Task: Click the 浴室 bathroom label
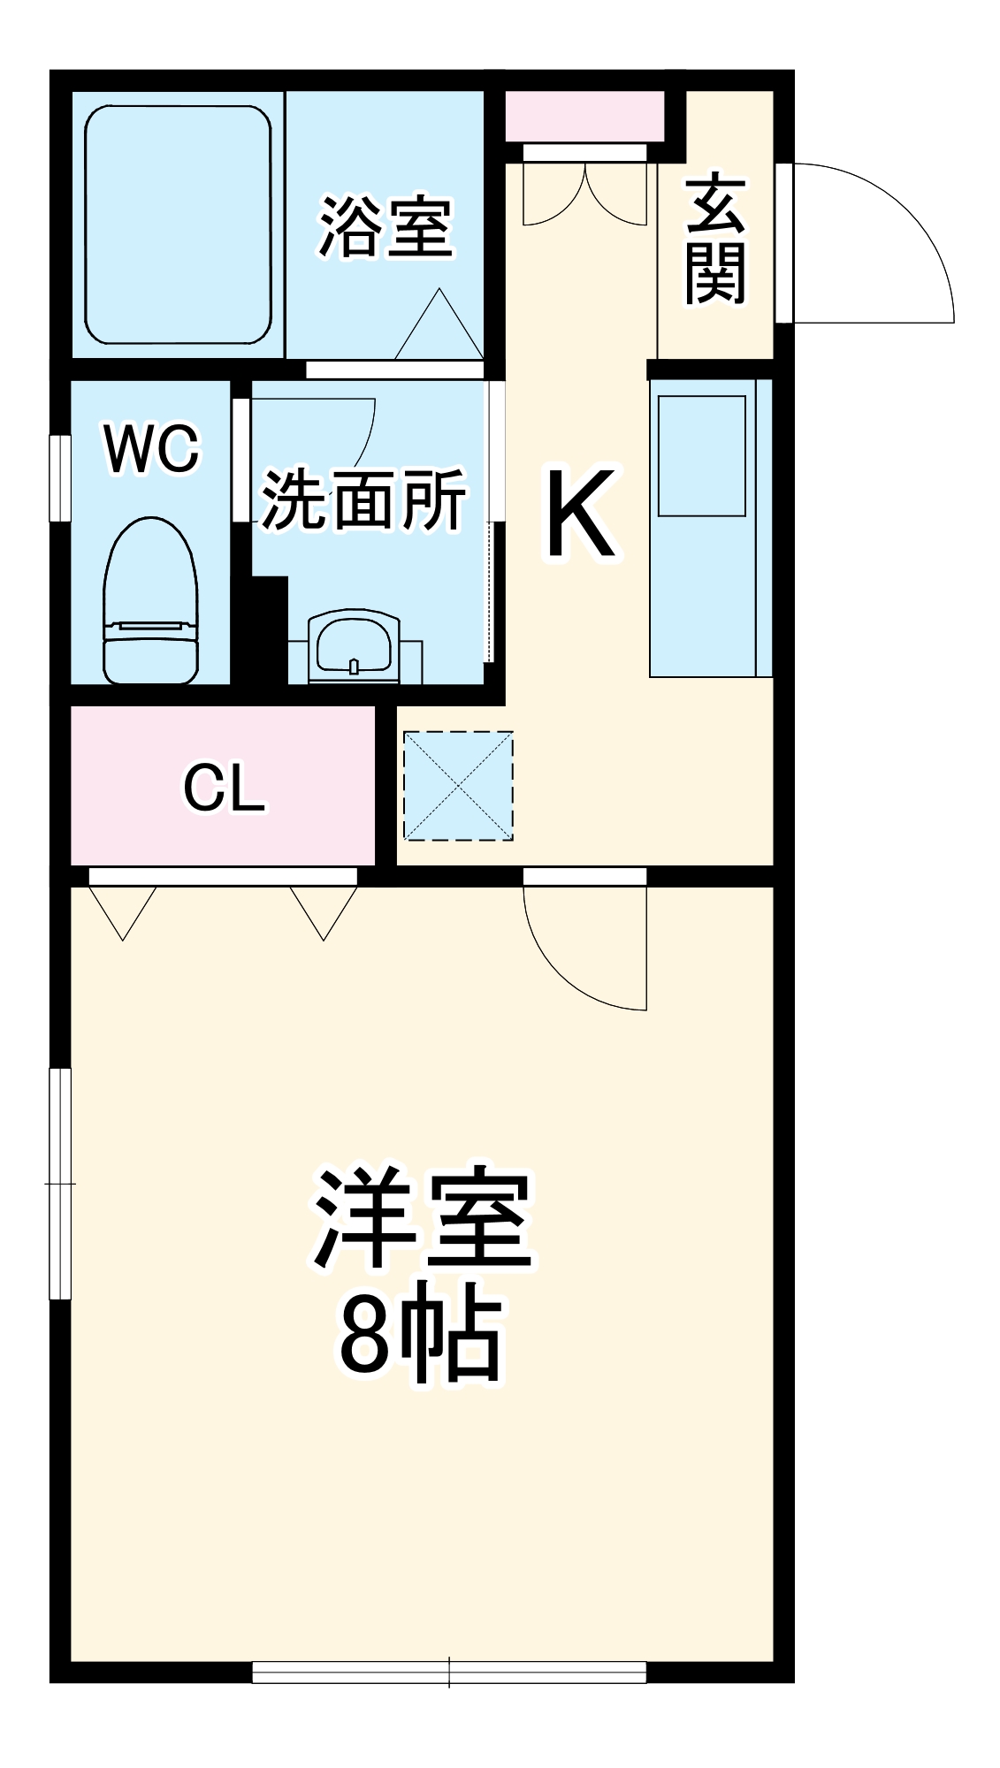point(385,227)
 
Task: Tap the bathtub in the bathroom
point(178,225)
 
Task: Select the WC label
point(152,448)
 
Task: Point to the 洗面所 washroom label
point(363,500)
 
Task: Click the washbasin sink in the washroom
point(354,645)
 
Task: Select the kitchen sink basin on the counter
point(701,455)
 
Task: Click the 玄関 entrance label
point(715,240)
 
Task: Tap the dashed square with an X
point(458,785)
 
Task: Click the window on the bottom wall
point(449,1672)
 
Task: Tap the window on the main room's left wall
point(59,1183)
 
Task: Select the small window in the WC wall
point(59,477)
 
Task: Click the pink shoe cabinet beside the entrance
point(584,116)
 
